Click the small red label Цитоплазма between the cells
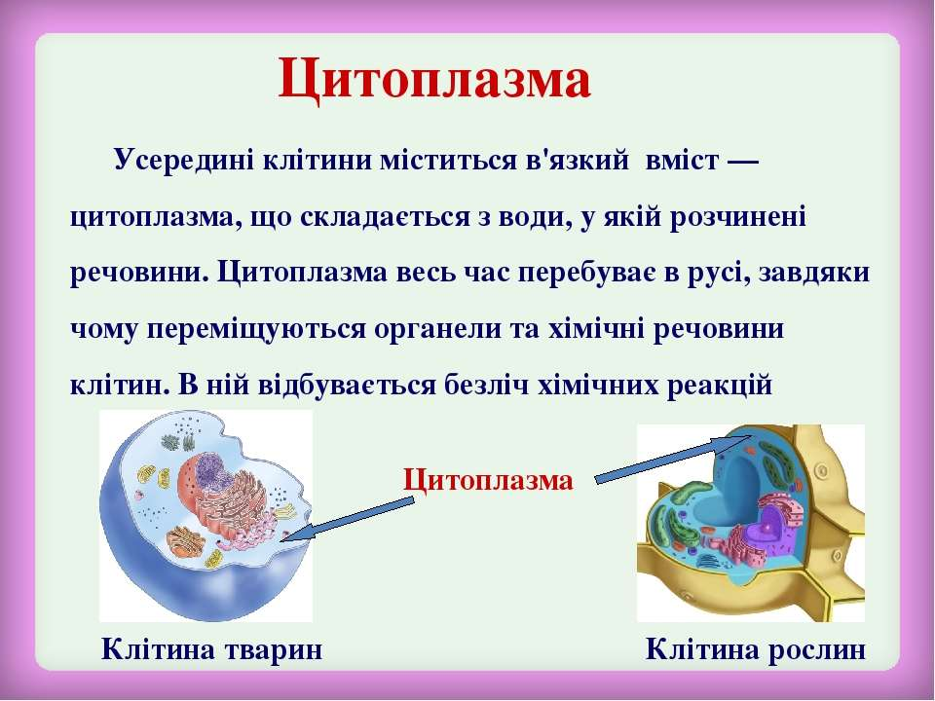(488, 480)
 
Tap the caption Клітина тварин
(211, 649)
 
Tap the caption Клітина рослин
(756, 649)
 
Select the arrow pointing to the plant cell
(672, 458)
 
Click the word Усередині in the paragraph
(184, 161)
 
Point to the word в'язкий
(577, 161)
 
